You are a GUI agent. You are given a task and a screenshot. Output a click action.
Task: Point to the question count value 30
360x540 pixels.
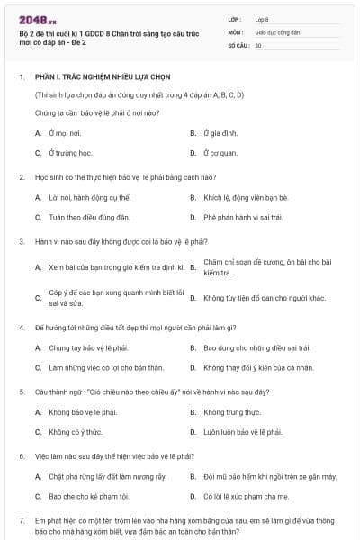(258, 45)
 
